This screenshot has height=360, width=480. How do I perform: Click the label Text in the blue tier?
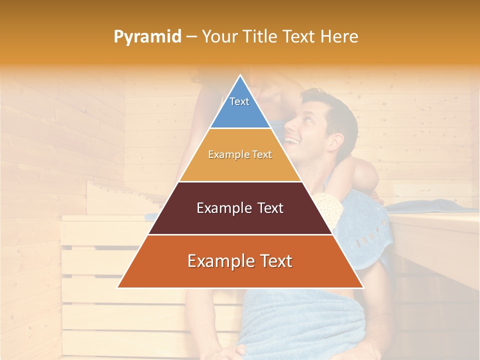coord(239,101)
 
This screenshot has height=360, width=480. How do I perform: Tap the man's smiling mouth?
coord(293,141)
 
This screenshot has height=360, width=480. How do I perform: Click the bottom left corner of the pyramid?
coord(118,287)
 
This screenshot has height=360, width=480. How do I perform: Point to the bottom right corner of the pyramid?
coord(363,287)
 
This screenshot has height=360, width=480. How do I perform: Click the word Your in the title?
coord(219,37)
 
